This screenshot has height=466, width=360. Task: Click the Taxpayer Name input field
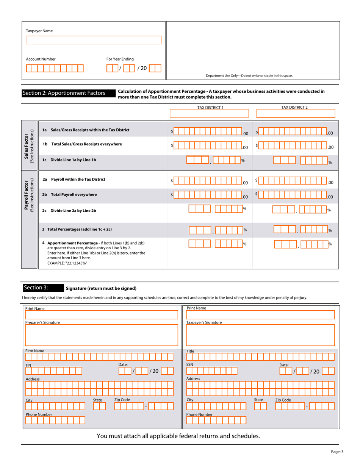(x=93, y=40)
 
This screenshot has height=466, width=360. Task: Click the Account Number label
(x=41, y=59)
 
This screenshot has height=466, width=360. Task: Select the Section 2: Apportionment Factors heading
(x=64, y=93)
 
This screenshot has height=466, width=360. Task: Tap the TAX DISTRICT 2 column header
(x=294, y=107)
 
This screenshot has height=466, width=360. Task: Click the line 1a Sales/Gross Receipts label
(x=86, y=130)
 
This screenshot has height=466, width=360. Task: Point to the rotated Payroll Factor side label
(x=29, y=195)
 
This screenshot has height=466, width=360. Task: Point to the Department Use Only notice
(x=249, y=76)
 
